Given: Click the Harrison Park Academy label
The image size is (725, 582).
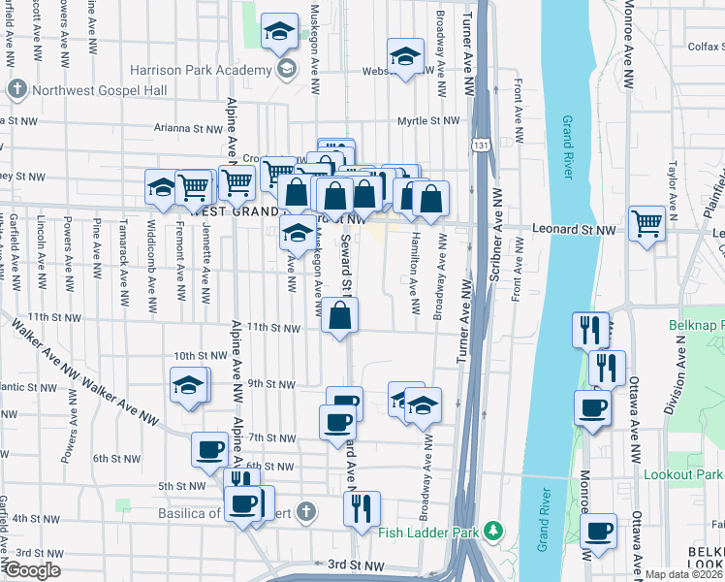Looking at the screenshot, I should point(201,71).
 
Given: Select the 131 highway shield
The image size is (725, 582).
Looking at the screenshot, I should point(481,145).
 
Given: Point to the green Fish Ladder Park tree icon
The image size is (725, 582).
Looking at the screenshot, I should point(494,531).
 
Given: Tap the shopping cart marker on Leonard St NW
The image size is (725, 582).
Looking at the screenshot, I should point(646,224).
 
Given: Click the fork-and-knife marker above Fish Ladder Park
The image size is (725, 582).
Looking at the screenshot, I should point(362,508).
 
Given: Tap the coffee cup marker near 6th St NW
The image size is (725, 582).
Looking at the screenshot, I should point(210,450).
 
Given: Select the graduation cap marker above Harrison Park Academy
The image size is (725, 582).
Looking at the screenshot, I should point(279,34).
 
